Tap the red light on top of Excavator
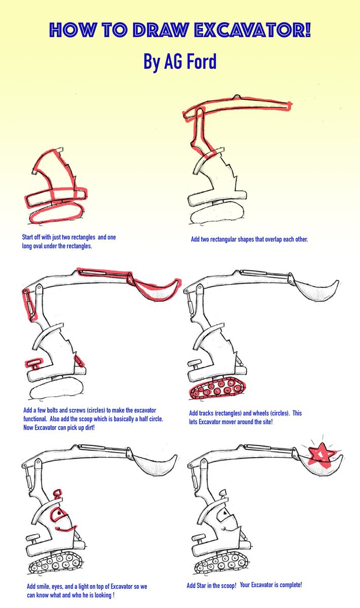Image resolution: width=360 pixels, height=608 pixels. (x=58, y=492)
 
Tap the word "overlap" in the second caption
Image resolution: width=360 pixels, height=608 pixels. (x=269, y=239)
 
